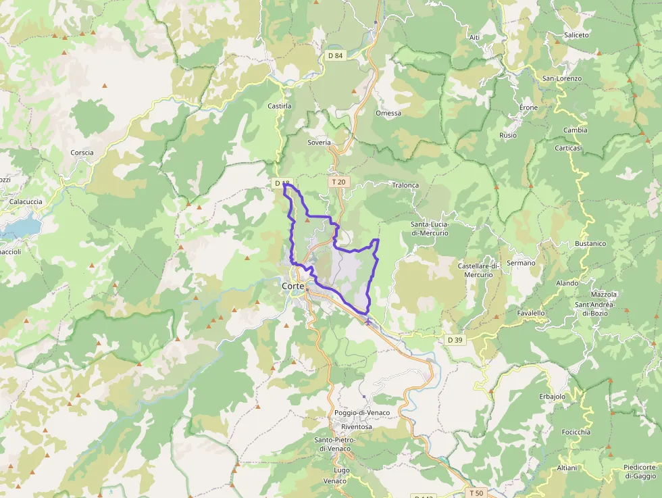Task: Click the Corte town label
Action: [x=292, y=286]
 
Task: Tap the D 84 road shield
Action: [x=336, y=55]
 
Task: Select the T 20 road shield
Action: [x=338, y=182]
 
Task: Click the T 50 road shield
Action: [x=477, y=493]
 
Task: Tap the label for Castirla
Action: [x=279, y=106]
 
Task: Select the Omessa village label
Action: [x=388, y=113]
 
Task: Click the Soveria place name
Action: [x=319, y=143]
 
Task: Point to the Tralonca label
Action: [x=405, y=184]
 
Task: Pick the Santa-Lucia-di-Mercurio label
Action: [x=430, y=228]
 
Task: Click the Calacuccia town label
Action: [x=26, y=201]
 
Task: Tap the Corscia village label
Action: [x=82, y=152]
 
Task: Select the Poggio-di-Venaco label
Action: [x=362, y=412]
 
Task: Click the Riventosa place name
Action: [x=357, y=426]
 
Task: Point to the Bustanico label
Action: [x=590, y=243]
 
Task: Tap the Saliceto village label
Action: [x=576, y=34]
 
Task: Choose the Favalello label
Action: [x=531, y=313]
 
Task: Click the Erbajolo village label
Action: [x=552, y=396]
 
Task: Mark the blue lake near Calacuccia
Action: [x=20, y=226]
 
